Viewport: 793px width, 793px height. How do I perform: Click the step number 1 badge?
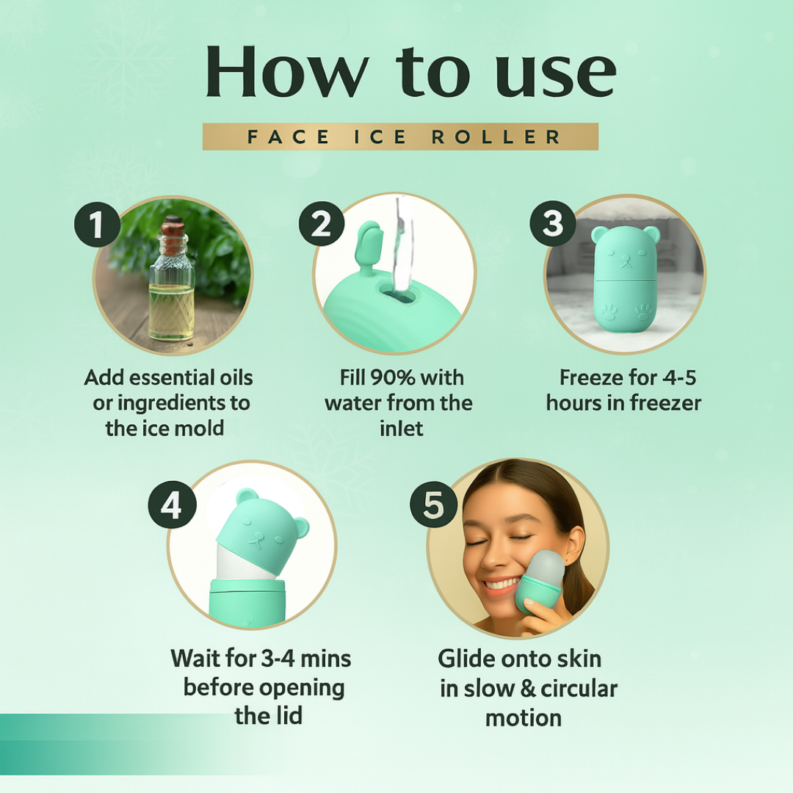click(97, 224)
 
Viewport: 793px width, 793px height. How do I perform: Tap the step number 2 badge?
click(322, 223)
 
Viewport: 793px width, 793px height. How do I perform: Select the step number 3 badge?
click(553, 223)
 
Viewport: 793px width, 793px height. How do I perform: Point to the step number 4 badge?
click(172, 504)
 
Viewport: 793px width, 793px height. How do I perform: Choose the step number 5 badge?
click(433, 504)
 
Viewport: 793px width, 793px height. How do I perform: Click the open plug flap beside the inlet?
click(368, 246)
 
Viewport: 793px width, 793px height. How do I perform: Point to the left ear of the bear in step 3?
click(600, 233)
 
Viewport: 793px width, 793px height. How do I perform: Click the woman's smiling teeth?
click(501, 585)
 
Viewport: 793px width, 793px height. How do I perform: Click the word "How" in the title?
click(287, 71)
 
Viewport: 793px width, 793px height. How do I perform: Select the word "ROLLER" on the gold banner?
click(496, 137)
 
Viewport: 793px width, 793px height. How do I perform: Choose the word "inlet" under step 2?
click(401, 428)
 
